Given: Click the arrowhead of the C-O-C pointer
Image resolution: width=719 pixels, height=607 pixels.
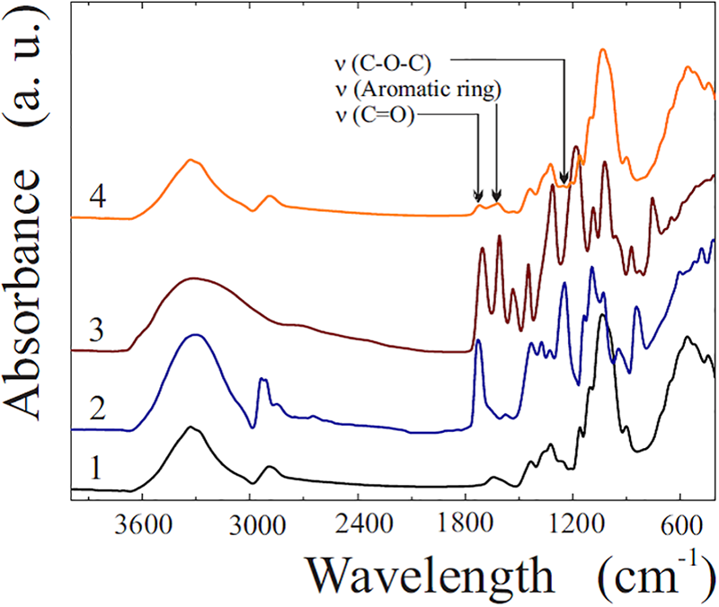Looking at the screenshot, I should click(564, 180).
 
